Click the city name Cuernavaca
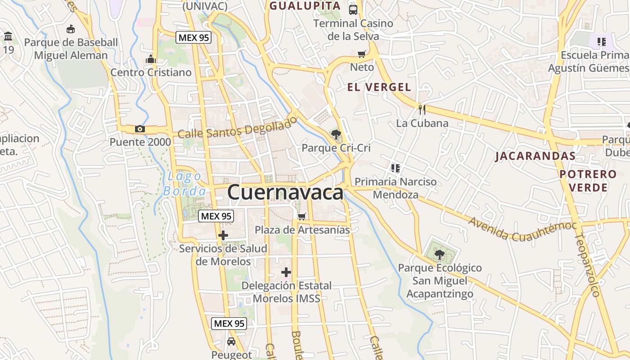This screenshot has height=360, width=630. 285,193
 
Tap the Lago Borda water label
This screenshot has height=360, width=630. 184,184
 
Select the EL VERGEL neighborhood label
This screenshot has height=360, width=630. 379,87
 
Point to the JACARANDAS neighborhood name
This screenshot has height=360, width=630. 535,156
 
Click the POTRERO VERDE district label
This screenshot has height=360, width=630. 588,180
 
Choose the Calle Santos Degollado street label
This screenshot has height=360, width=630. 238,127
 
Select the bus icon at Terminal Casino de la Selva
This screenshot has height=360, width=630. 353,9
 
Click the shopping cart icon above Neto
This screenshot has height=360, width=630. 361,54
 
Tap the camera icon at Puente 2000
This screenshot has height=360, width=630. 140,129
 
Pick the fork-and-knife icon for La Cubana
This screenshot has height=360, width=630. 422,109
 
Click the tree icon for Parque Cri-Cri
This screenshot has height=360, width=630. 335,134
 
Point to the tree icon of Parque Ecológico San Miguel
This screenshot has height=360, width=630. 439,255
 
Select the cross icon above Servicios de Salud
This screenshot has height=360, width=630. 223,235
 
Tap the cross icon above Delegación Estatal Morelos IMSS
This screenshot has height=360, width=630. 286,272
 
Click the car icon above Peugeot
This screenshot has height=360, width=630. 231,342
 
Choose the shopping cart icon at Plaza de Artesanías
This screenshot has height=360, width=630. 302,216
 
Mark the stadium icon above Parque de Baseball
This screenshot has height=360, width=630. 71,29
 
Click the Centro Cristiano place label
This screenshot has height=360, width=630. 151,72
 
